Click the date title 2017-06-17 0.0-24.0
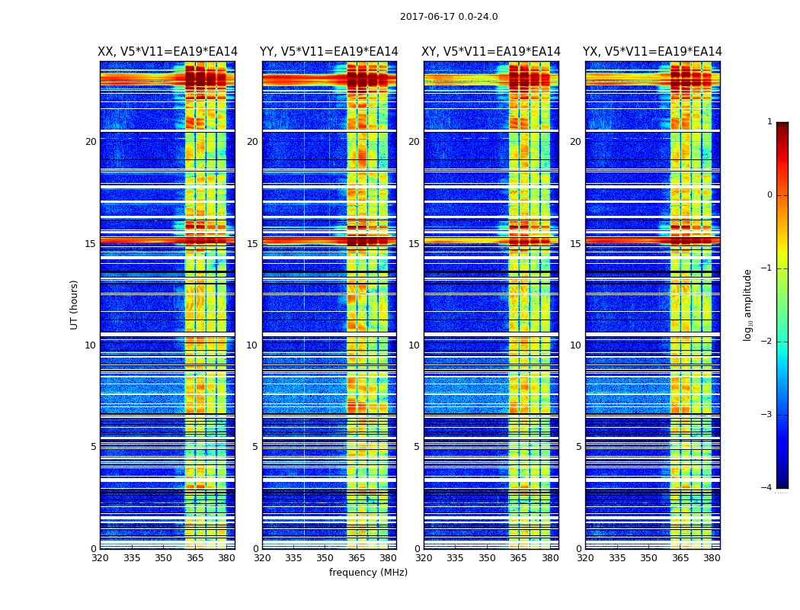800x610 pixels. coord(449,17)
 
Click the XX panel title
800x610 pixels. coord(168,52)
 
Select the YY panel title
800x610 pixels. coord(329,52)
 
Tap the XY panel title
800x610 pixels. coord(491,52)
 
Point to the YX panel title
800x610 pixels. coord(652,52)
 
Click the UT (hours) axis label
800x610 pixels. coord(75,304)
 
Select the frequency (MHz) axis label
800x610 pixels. coord(368,573)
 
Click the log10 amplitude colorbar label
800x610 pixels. coord(748,304)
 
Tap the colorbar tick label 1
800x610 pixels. coord(770,122)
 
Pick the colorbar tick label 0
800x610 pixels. coord(770,195)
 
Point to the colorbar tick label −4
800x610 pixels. coord(767,488)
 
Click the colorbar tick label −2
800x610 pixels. coord(767,342)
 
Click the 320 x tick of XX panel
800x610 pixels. coord(100,558)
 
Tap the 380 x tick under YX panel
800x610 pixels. coord(712,558)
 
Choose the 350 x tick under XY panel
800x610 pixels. coord(487,558)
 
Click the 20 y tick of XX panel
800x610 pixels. coord(91,142)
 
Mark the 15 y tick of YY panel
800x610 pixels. coord(252,244)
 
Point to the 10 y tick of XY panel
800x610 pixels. coord(414,345)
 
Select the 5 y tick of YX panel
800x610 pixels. coord(578,447)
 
